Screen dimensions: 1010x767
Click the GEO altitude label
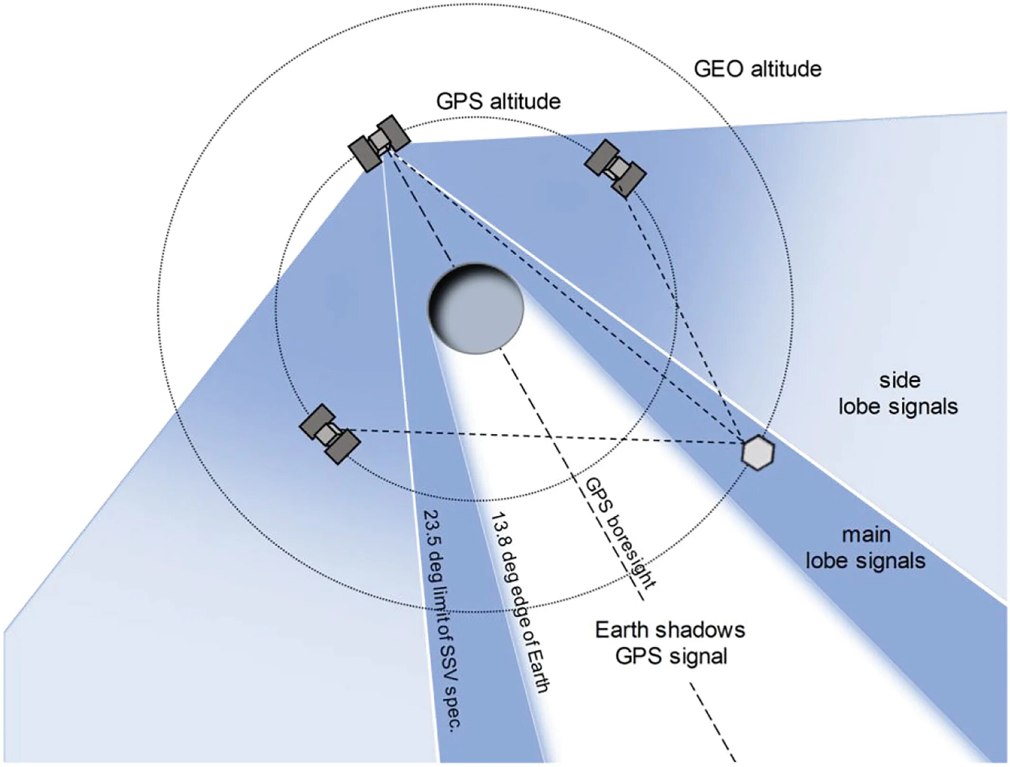757,69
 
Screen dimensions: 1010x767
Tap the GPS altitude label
498,102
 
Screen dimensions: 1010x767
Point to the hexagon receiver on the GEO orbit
757,452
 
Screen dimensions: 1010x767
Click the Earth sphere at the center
476,309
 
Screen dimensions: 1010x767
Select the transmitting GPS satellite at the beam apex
379,142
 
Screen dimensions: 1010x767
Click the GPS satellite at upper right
615,168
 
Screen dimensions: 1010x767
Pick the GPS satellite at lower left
329,434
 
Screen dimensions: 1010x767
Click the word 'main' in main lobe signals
866,535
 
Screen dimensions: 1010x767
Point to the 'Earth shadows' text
670,630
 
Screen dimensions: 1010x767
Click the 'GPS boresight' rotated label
620,533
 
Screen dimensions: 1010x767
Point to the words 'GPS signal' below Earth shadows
671,657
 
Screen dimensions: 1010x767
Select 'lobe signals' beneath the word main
865,561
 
